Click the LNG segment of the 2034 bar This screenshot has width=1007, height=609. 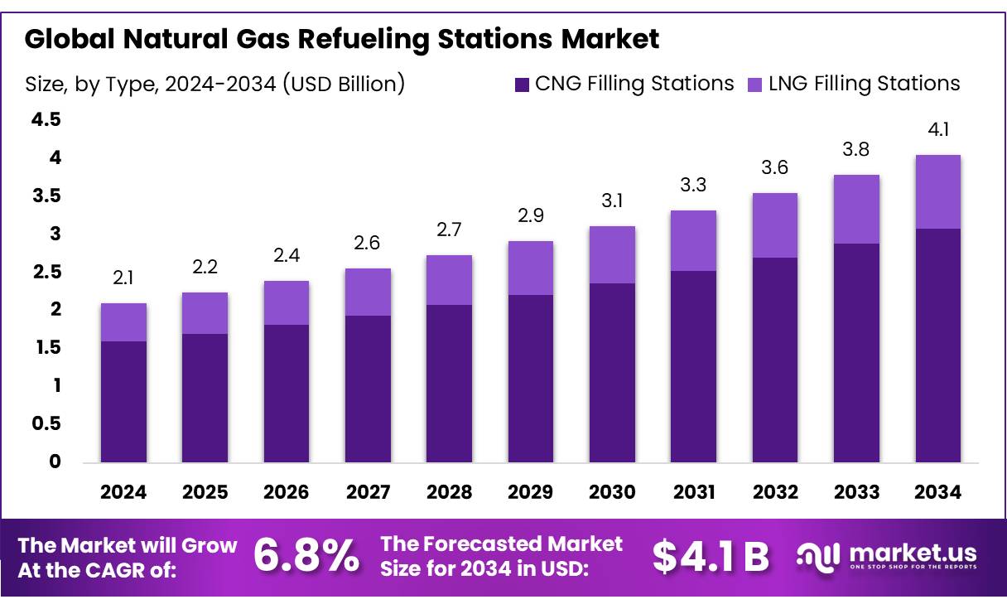click(x=938, y=191)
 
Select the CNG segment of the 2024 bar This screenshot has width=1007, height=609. click(x=123, y=401)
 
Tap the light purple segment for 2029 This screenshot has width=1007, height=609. click(x=530, y=268)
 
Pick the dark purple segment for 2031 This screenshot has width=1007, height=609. click(x=694, y=365)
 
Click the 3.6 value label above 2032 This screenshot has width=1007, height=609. click(x=775, y=168)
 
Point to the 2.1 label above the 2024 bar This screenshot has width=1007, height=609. click(x=123, y=278)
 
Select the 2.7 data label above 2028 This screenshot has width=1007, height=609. click(x=449, y=230)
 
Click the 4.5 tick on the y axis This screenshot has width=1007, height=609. click(x=46, y=120)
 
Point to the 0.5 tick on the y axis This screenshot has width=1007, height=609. click(x=46, y=423)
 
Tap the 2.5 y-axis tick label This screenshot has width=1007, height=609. click(x=46, y=272)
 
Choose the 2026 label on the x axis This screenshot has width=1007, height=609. click(x=287, y=492)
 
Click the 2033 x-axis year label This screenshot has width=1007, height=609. click(x=856, y=492)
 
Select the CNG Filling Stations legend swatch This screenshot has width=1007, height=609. click(x=522, y=84)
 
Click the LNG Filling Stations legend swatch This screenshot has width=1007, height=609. click(x=754, y=84)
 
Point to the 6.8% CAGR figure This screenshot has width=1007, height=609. click(x=306, y=556)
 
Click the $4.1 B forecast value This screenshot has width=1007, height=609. click(x=711, y=557)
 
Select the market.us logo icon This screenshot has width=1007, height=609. click(x=818, y=556)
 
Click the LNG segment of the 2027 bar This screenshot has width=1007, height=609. click(x=368, y=292)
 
